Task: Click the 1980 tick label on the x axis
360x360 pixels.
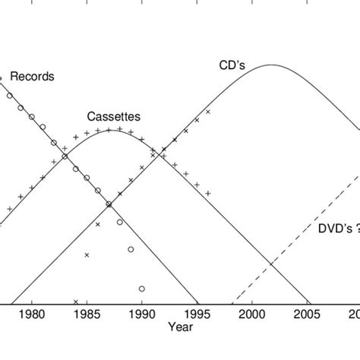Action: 32,313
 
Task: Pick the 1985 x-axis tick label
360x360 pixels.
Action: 87,313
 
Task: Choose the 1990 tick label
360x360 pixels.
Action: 142,313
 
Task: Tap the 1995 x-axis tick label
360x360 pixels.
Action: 197,313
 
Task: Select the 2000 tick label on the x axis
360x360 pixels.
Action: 252,313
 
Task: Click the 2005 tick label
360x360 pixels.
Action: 308,313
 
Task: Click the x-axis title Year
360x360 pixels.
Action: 181,327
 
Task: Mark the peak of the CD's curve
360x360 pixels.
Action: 272,65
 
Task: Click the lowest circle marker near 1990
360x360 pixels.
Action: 142,289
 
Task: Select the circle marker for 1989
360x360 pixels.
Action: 131,249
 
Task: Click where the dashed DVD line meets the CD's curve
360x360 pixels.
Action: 271,264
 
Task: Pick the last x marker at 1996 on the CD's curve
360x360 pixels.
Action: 207,112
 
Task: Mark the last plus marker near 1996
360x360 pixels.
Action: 208,193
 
